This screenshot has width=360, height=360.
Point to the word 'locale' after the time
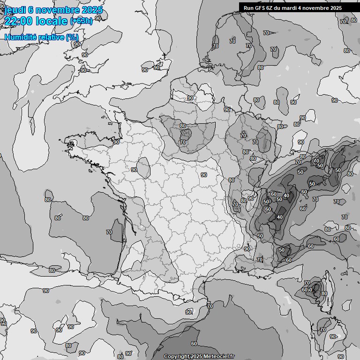[52, 21]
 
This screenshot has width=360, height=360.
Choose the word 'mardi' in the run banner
[294, 7]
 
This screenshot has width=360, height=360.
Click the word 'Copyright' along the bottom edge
[176, 356]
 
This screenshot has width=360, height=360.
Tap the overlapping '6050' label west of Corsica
[307, 290]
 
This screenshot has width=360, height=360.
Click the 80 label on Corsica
[324, 293]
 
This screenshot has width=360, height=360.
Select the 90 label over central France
[203, 175]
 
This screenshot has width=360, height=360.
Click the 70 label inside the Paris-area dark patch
[182, 142]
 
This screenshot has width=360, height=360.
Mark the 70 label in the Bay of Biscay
[109, 232]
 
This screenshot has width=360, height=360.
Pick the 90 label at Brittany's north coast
[116, 142]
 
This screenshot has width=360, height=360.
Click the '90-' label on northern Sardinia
[333, 337]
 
